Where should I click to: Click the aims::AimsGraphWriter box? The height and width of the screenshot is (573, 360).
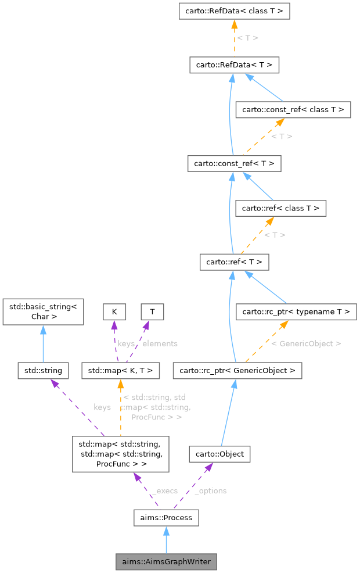click(166, 562)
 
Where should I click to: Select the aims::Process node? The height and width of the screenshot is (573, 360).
click(166, 517)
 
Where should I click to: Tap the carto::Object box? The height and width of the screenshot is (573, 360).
click(219, 454)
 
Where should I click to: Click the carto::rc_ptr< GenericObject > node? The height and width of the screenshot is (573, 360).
click(237, 370)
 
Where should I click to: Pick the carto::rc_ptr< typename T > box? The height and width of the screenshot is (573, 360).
click(296, 312)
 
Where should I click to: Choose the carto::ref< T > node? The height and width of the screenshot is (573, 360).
click(234, 262)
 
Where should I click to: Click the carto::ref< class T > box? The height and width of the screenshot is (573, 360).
click(280, 207)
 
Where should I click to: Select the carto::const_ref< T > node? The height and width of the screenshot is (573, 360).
click(234, 164)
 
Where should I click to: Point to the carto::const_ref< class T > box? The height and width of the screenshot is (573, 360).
click(293, 109)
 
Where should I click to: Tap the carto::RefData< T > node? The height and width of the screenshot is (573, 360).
click(234, 65)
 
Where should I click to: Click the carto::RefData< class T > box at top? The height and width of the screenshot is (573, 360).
click(234, 11)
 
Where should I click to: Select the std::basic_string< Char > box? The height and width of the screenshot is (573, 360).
click(44, 311)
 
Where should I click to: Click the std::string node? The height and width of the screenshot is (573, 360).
click(44, 370)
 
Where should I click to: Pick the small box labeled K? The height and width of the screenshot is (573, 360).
click(114, 311)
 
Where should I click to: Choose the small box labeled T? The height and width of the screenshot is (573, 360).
click(152, 311)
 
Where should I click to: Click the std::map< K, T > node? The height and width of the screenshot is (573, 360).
click(120, 370)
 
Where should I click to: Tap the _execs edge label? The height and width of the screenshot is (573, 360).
click(164, 490)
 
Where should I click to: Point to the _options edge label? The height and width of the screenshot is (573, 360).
click(210, 490)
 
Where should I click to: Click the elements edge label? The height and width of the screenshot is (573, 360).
click(160, 343)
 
